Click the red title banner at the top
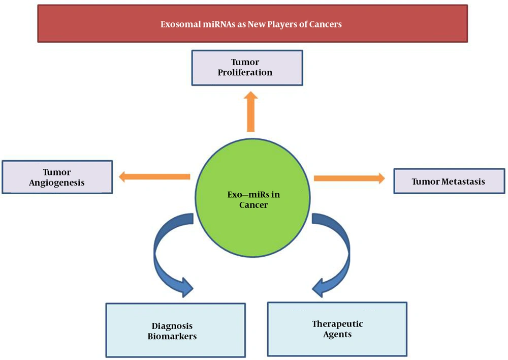tap(252, 24)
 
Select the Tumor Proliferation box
tap(247, 68)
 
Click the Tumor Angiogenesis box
tap(57, 177)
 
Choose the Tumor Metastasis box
tap(449, 181)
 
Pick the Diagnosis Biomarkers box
tap(176, 330)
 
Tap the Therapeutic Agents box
tap(337, 329)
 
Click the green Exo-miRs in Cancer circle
tap(252, 198)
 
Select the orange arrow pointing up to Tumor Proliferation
tap(251, 111)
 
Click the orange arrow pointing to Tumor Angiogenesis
tap(154, 177)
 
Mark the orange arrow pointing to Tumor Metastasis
tap(350, 178)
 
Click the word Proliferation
tap(245, 73)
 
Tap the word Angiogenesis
tap(57, 183)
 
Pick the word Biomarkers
tap(172, 336)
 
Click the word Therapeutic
tap(337, 324)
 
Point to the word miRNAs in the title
tap(219, 24)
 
